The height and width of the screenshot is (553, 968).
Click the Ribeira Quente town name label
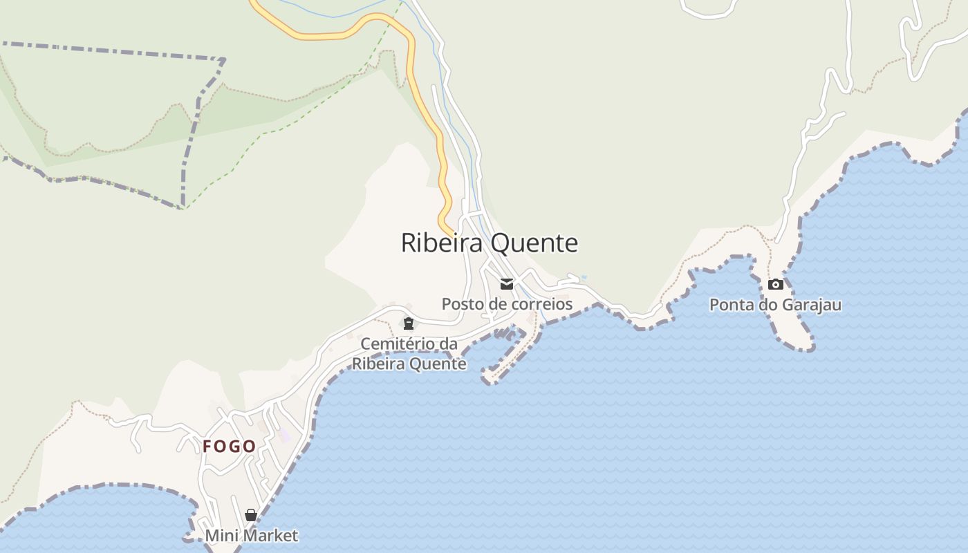489,243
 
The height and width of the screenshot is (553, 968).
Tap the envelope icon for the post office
507,284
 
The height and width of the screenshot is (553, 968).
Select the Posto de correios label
507,304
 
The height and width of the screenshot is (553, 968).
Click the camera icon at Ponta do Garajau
776,284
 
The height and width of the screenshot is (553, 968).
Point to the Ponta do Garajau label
775,305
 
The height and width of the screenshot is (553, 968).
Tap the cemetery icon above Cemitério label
409,324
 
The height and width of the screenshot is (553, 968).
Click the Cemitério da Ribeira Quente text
409,354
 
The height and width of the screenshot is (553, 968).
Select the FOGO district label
229,447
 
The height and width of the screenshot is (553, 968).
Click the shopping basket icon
251,515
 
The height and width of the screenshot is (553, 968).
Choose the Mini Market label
251,536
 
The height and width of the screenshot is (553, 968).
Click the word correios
542,304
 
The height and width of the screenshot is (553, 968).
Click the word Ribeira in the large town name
443,243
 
